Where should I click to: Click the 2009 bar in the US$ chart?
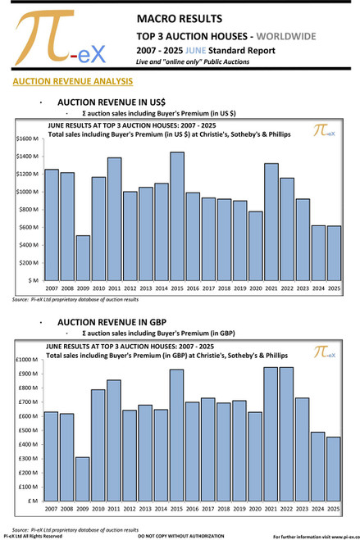tap(83, 258)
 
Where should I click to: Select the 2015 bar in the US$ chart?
tap(177, 216)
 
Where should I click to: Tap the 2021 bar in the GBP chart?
tap(271, 434)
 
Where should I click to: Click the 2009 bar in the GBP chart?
tap(83, 479)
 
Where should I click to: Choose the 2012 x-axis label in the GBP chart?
tap(130, 510)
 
